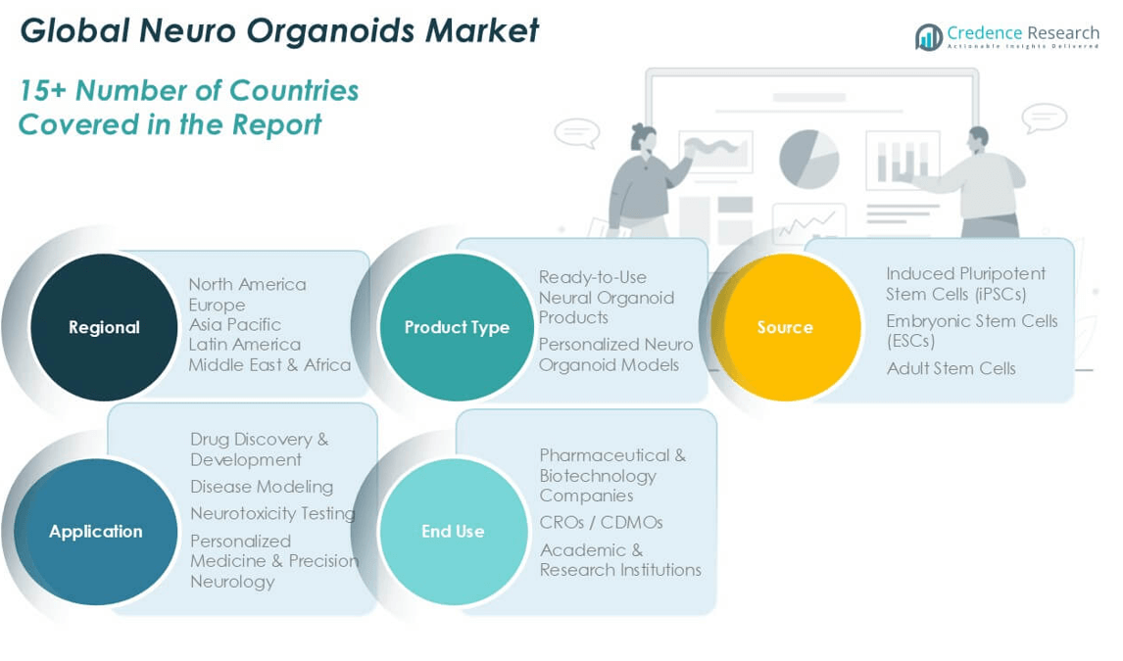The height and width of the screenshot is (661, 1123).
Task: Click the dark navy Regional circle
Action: (104, 327)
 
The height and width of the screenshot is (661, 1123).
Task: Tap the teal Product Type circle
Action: (457, 327)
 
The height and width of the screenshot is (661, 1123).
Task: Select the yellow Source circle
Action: (786, 327)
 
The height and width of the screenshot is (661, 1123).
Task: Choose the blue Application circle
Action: (95, 532)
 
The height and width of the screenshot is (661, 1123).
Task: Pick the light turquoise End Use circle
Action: (454, 532)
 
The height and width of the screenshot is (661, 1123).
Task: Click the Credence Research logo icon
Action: (929, 37)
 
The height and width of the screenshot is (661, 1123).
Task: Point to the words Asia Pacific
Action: (235, 325)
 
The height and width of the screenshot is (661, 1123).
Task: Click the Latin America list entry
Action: (245, 345)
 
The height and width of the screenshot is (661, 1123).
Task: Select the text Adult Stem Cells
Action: (952, 368)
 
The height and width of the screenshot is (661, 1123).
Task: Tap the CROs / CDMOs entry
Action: (602, 522)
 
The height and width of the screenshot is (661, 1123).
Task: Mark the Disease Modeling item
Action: (262, 487)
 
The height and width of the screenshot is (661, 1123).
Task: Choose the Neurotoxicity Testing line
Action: (272, 514)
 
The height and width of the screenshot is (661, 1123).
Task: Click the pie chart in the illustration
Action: (808, 159)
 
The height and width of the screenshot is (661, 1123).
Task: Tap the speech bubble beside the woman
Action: (576, 133)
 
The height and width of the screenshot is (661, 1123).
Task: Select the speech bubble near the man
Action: (1045, 118)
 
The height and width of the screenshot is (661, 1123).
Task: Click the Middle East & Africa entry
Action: (270, 365)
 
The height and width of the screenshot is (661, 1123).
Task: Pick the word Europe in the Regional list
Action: (217, 305)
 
